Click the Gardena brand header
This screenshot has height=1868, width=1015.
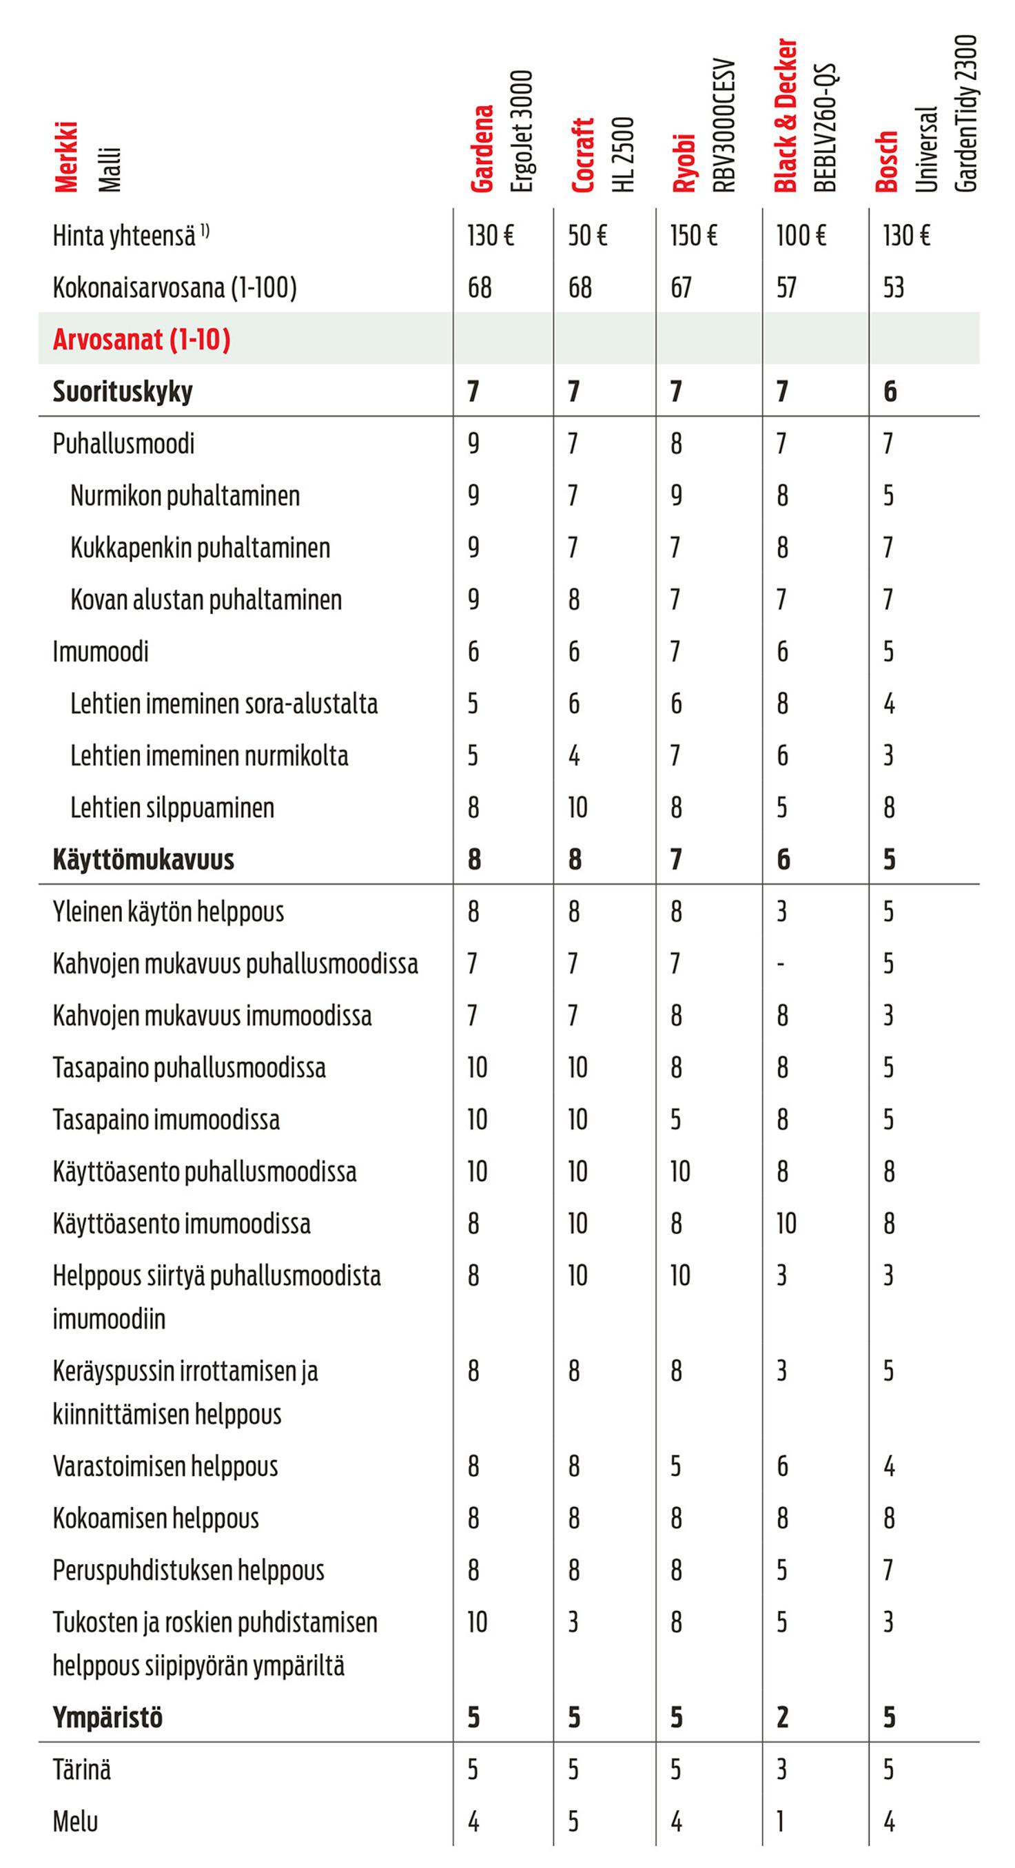pyautogui.click(x=482, y=149)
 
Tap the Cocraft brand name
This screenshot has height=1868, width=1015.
pyautogui.click(x=582, y=155)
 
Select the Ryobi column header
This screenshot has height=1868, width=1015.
pyautogui.click(x=684, y=163)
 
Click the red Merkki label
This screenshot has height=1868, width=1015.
pyautogui.click(x=66, y=156)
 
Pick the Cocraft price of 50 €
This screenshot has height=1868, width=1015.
pyautogui.click(x=587, y=236)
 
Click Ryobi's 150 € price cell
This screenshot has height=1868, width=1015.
pyautogui.click(x=693, y=236)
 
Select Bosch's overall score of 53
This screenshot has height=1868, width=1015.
pyautogui.click(x=893, y=288)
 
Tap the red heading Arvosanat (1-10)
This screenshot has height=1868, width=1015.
pyautogui.click(x=141, y=340)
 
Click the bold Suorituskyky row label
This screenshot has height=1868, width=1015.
pyautogui.click(x=123, y=391)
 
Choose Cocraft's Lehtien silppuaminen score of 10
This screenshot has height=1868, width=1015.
pyautogui.click(x=577, y=808)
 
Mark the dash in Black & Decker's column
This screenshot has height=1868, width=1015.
pyautogui.click(x=781, y=965)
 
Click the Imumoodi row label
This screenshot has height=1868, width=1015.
pyautogui.click(x=100, y=652)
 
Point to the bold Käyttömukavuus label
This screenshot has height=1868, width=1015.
pyautogui.click(x=143, y=860)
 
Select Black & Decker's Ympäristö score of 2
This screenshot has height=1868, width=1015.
pyautogui.click(x=782, y=1718)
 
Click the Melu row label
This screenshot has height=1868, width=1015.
pyautogui.click(x=75, y=1822)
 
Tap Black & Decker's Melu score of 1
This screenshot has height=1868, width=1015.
pyautogui.click(x=781, y=1822)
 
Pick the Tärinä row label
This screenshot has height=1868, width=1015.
pyautogui.click(x=82, y=1770)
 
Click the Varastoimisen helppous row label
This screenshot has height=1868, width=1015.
pyautogui.click(x=165, y=1466)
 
